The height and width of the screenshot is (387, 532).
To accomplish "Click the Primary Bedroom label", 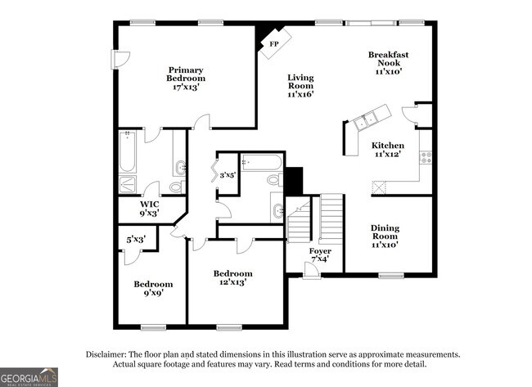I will [186, 78].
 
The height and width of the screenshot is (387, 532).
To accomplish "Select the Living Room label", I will [300, 86].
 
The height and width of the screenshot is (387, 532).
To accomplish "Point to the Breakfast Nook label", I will [388, 62].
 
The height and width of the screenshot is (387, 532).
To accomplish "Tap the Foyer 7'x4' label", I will [320, 254].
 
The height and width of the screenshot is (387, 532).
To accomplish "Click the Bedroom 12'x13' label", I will [232, 277].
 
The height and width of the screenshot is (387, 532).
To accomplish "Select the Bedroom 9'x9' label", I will [153, 289].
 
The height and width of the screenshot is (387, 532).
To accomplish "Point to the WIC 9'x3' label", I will [149, 209].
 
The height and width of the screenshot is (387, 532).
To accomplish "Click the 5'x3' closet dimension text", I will [136, 240].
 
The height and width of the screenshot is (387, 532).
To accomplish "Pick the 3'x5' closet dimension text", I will [226, 173].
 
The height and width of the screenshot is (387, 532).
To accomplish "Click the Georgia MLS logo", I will [29, 377].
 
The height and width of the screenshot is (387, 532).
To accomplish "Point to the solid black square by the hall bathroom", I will [294, 179].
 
